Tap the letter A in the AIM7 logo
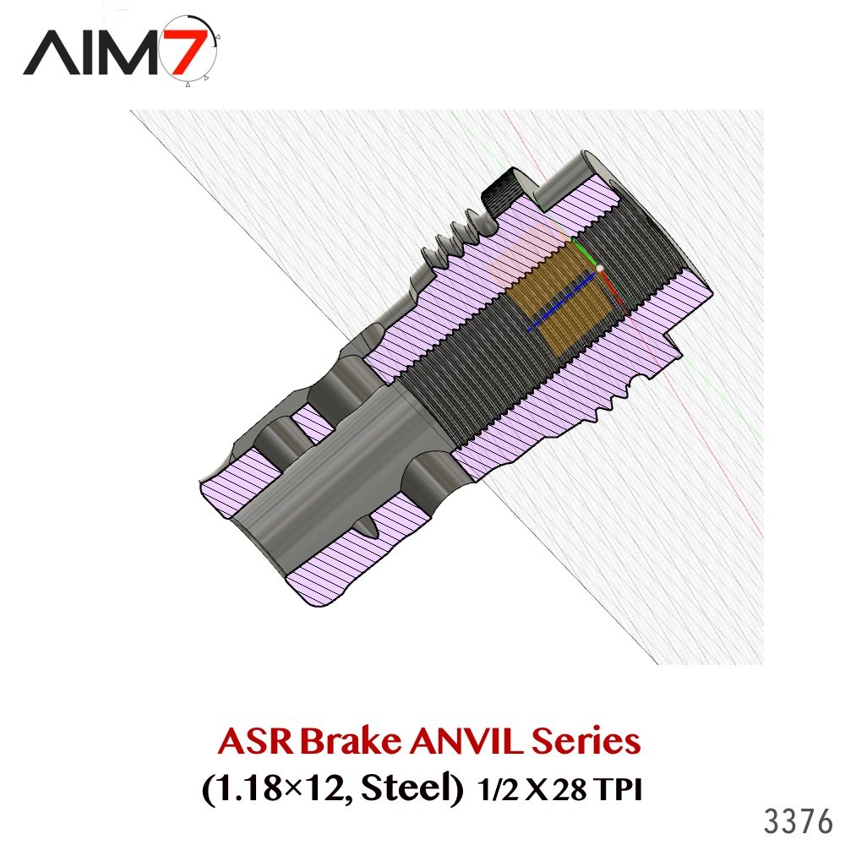pyautogui.click(x=52, y=52)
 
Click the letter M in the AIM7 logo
pyautogui.click(x=128, y=52)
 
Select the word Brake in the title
pyautogui.click(x=351, y=741)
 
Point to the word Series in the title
pyautogui.click(x=586, y=742)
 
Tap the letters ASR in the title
pyautogui.click(x=256, y=742)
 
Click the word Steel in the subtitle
pyautogui.click(x=412, y=788)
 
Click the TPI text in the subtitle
pyautogui.click(x=619, y=791)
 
